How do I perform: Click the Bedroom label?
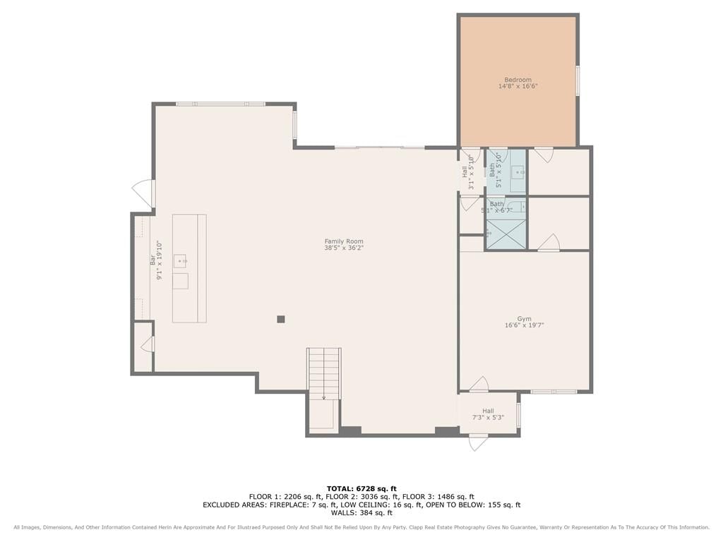pyautogui.click(x=518, y=80)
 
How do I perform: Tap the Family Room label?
pyautogui.click(x=344, y=241)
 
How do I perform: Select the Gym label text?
pyautogui.click(x=525, y=318)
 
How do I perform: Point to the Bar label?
pyautogui.click(x=153, y=260)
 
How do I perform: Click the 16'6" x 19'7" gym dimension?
pyautogui.click(x=525, y=325)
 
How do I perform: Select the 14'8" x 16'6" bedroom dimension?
pyautogui.click(x=518, y=86)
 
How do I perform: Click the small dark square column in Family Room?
pyautogui.click(x=281, y=319)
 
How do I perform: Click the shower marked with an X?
pyautogui.click(x=506, y=234)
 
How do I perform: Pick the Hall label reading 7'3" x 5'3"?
pyautogui.click(x=488, y=414)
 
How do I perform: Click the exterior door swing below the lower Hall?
pyautogui.click(x=478, y=443)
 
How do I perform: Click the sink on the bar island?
pyautogui.click(x=180, y=261)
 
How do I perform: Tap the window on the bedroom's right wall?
pyautogui.click(x=578, y=80)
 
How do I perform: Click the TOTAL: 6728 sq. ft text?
pyautogui.click(x=361, y=488)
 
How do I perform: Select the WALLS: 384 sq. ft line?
pyautogui.click(x=361, y=512)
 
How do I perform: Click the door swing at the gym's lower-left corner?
pyautogui.click(x=479, y=385)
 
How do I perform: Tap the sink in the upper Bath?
pyautogui.click(x=519, y=172)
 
